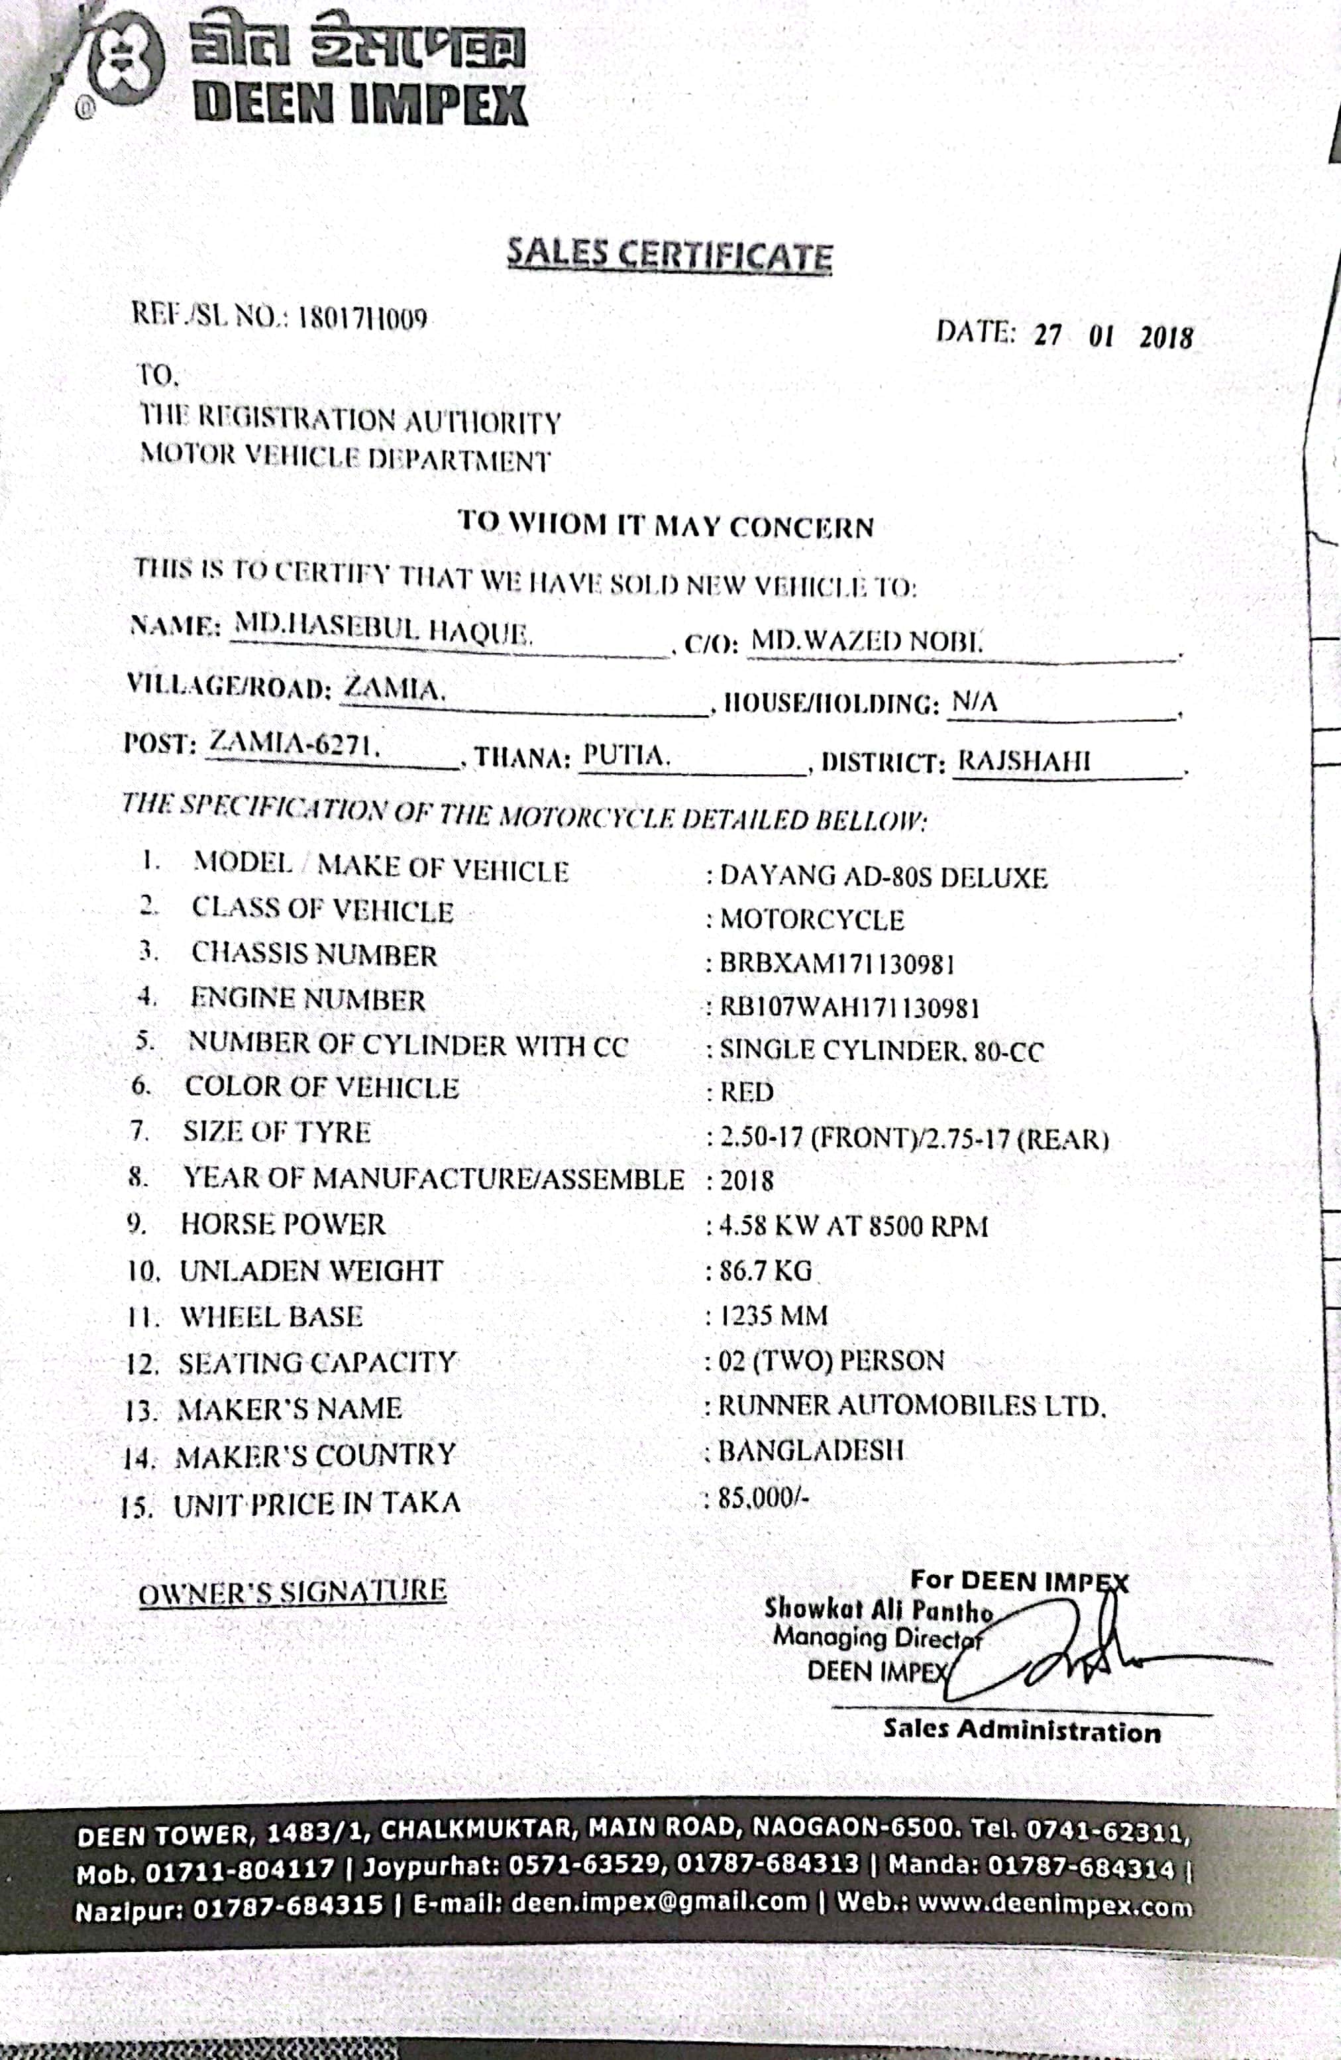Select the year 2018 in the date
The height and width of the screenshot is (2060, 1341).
1165,337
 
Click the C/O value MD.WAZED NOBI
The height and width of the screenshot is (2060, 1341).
866,642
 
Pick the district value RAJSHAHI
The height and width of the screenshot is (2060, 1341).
1024,761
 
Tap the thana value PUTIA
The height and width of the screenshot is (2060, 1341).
625,756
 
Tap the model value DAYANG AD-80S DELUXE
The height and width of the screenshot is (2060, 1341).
883,878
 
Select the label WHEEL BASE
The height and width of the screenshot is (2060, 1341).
271,1316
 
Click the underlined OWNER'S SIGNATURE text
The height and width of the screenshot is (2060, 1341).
292,1590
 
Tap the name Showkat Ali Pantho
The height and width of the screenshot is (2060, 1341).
877,1610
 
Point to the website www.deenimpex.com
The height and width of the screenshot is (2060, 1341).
1055,1904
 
